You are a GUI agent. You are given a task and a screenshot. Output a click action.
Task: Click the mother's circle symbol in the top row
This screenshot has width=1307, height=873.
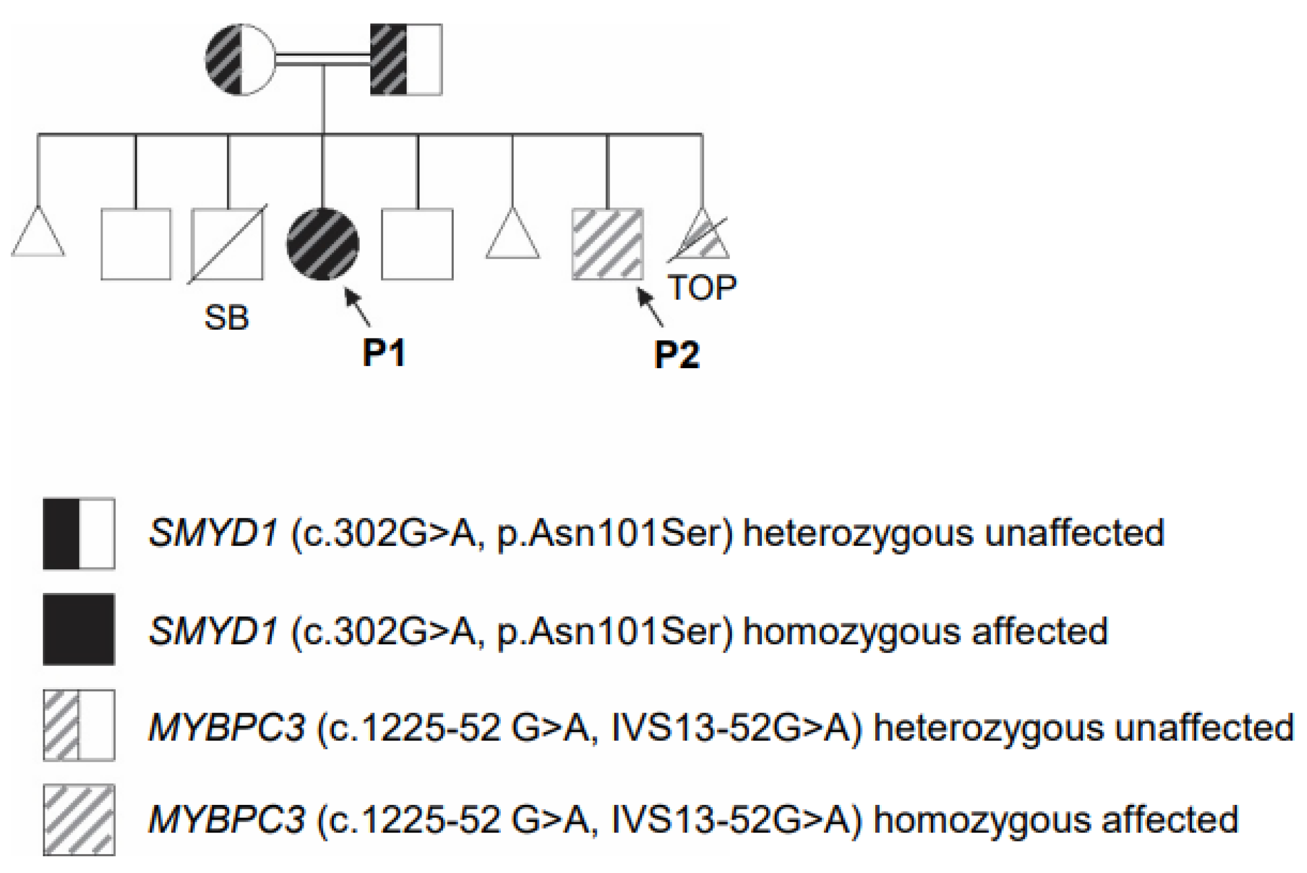(x=240, y=59)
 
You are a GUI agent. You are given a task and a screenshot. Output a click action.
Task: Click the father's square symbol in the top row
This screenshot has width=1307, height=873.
(x=406, y=59)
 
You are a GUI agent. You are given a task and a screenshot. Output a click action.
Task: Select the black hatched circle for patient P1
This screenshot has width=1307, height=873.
(x=323, y=244)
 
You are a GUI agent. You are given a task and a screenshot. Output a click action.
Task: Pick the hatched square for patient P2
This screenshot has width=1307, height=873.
(x=608, y=244)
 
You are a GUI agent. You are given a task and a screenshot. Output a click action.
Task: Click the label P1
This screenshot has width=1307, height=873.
(x=384, y=352)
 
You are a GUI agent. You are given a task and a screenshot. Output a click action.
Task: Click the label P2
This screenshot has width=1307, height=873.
(x=676, y=354)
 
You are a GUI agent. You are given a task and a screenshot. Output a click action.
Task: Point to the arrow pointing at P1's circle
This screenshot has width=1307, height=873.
(x=357, y=307)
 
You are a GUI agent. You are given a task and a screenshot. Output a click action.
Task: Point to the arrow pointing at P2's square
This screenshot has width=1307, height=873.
(x=650, y=307)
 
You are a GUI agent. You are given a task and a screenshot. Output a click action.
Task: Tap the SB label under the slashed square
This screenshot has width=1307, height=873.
(x=226, y=318)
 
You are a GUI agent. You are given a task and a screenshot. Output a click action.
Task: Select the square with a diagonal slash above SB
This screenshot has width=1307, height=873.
(x=227, y=244)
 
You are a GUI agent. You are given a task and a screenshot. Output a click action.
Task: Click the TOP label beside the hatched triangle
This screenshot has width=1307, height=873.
(x=702, y=287)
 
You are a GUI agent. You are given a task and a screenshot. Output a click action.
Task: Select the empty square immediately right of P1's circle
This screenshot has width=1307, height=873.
(x=417, y=244)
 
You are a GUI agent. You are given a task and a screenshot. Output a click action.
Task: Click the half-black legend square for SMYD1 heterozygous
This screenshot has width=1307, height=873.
(x=79, y=534)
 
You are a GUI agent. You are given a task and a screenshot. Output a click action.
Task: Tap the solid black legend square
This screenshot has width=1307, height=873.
(x=79, y=629)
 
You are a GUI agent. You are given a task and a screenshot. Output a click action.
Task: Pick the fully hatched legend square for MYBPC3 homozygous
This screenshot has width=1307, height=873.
(x=79, y=819)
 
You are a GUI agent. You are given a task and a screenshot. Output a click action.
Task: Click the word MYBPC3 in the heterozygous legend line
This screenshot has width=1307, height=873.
(x=227, y=727)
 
